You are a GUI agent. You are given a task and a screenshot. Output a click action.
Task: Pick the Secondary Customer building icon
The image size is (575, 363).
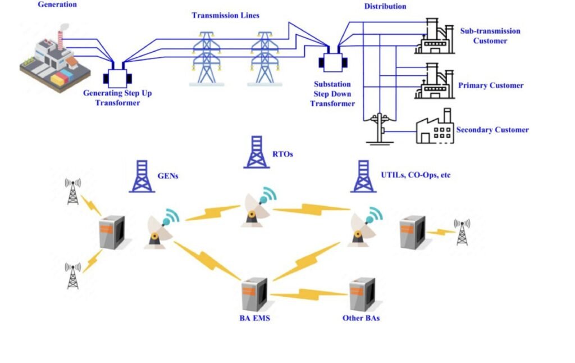coord(433,126)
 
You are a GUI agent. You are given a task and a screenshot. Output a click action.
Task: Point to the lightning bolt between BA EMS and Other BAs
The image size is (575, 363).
coord(308,294)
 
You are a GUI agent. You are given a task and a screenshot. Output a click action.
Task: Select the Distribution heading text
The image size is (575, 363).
coord(385,6)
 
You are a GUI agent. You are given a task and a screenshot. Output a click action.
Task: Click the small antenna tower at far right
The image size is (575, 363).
coord(462,232)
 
